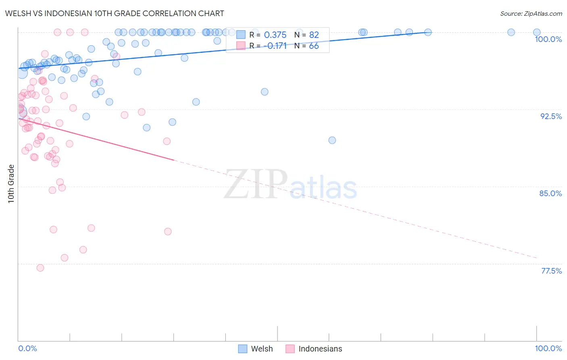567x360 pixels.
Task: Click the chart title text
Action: pyautogui.click(x=114, y=13)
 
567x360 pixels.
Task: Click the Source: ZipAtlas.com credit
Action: pyautogui.click(x=531, y=13)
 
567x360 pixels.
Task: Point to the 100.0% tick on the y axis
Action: pyautogui.click(x=548, y=39)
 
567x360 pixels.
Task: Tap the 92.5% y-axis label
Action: pyautogui.click(x=551, y=116)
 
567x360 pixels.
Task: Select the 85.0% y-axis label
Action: pyautogui.click(x=550, y=193)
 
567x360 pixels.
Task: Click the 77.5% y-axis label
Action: pyautogui.click(x=551, y=271)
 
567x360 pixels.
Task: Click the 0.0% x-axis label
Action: pyautogui.click(x=27, y=348)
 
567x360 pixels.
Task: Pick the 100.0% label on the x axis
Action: pyautogui.click(x=548, y=348)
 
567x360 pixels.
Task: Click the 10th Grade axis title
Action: pyautogui.click(x=11, y=184)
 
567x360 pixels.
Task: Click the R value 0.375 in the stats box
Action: pyautogui.click(x=275, y=35)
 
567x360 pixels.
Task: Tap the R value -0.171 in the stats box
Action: pyautogui.click(x=275, y=46)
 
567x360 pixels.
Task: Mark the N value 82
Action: pyautogui.click(x=314, y=35)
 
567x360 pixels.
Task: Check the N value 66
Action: pyautogui.click(x=314, y=46)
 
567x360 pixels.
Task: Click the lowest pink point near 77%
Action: pyautogui.click(x=40, y=268)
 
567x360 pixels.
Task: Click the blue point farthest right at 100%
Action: pyautogui.click(x=537, y=32)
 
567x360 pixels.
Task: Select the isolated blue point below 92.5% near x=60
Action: pyautogui.click(x=332, y=140)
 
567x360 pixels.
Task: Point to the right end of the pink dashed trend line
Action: pyautogui.click(x=537, y=257)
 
